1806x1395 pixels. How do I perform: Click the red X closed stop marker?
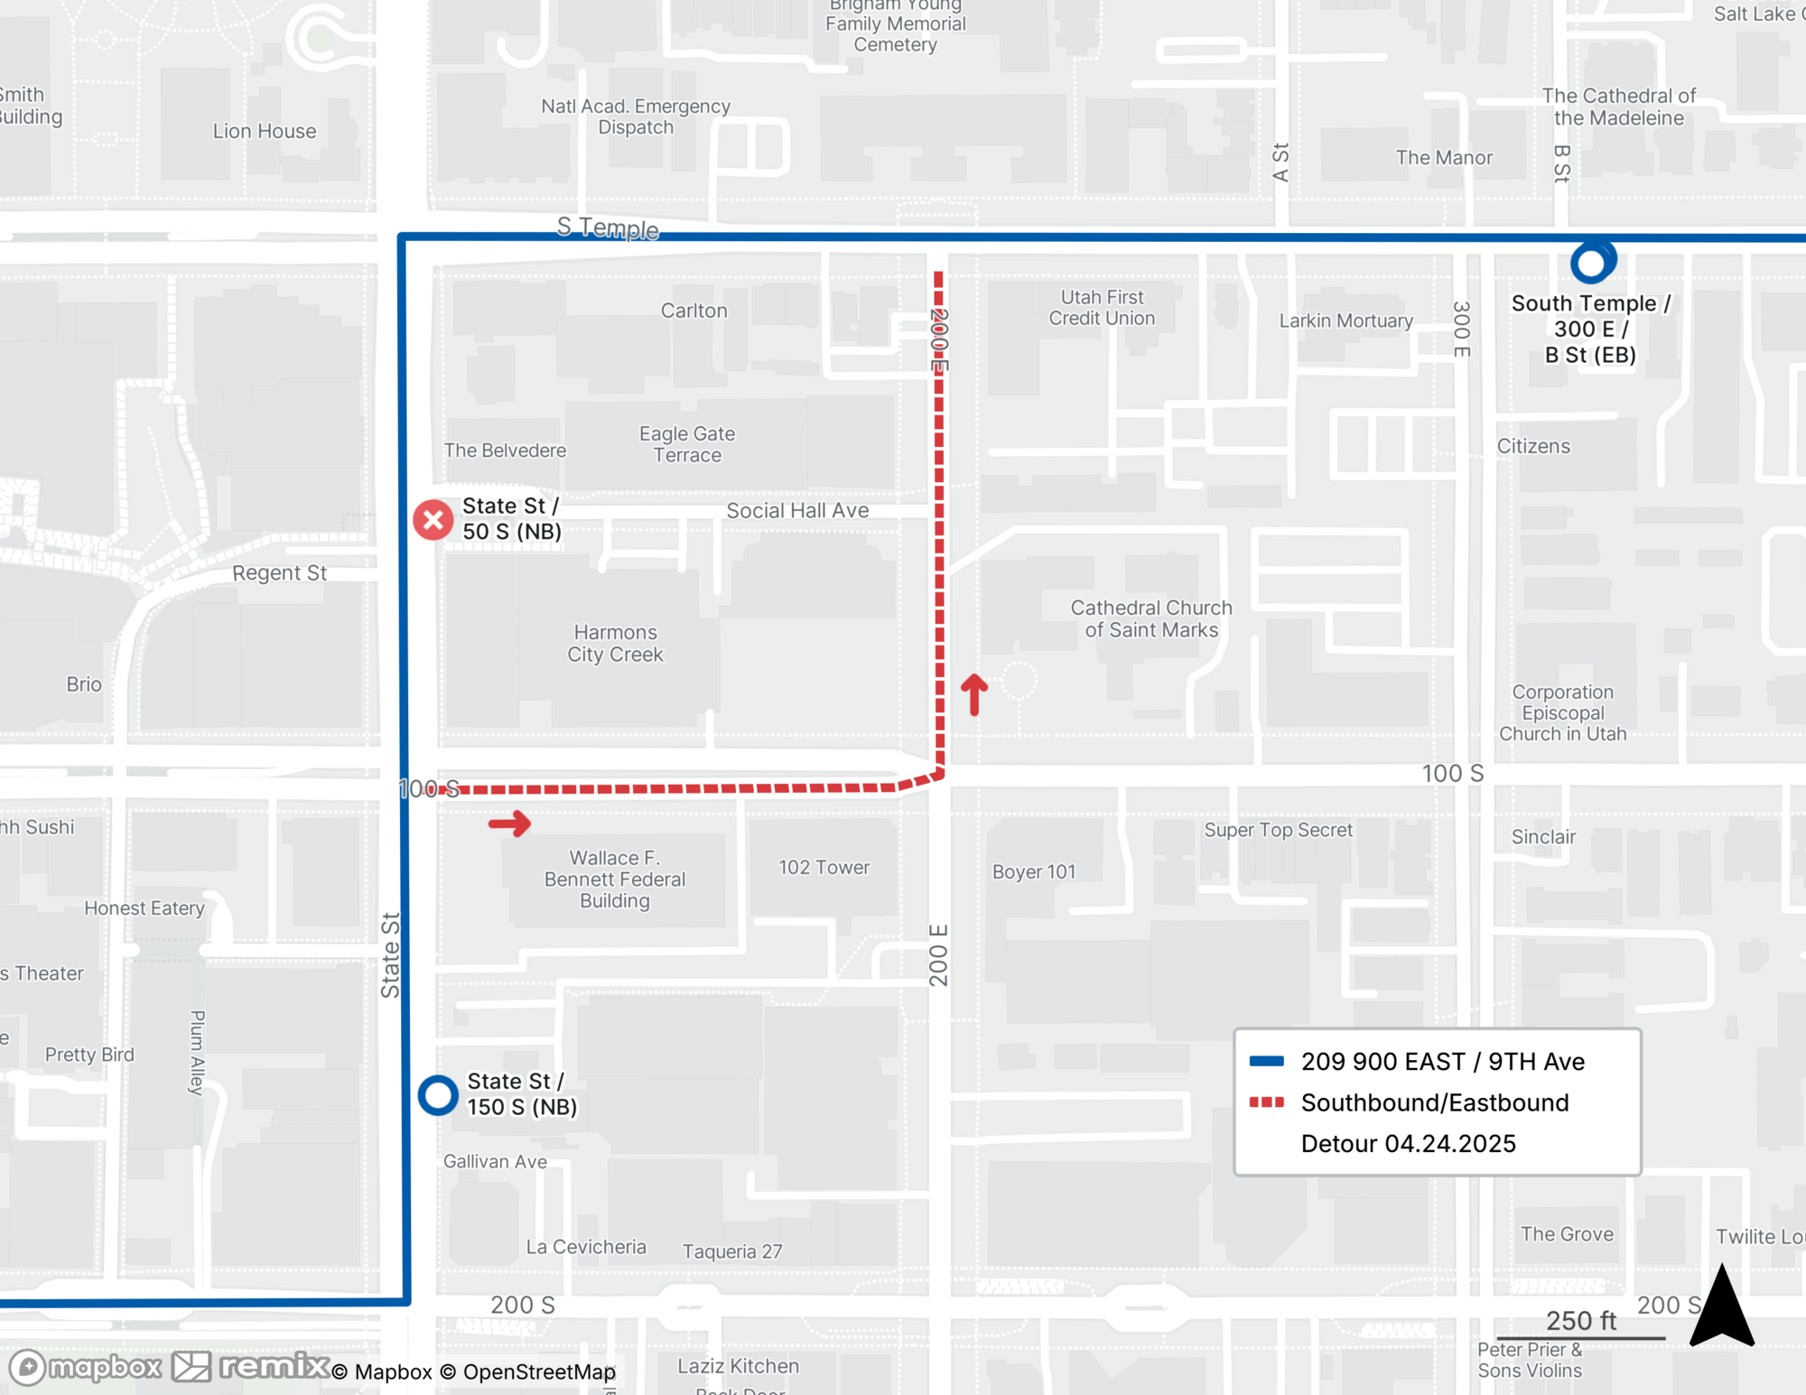pyautogui.click(x=433, y=520)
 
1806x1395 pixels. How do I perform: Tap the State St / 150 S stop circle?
pyautogui.click(x=438, y=1095)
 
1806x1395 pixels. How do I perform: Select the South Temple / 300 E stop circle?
pyautogui.click(x=1591, y=263)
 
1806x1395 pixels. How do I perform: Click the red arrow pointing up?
pyautogui.click(x=973, y=693)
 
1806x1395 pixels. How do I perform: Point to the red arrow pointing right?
pyautogui.click(x=510, y=823)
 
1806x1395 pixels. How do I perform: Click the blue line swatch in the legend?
pyautogui.click(x=1266, y=1061)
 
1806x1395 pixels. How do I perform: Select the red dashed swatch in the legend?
pyautogui.click(x=1266, y=1102)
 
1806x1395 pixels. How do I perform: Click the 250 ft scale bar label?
pyautogui.click(x=1580, y=1320)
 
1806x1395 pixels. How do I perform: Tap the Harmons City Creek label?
pyautogui.click(x=615, y=643)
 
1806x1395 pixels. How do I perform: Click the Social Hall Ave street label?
pyautogui.click(x=797, y=510)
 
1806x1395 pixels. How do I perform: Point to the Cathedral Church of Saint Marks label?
pyautogui.click(x=1151, y=618)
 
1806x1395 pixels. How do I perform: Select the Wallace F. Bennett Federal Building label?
pyautogui.click(x=615, y=879)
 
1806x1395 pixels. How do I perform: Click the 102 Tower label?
pyautogui.click(x=824, y=867)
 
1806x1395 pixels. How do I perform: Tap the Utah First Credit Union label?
pyautogui.click(x=1102, y=307)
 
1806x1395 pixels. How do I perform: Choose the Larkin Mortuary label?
pyautogui.click(x=1345, y=321)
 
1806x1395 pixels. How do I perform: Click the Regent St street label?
pyautogui.click(x=279, y=572)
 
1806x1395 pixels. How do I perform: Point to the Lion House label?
pyautogui.click(x=265, y=131)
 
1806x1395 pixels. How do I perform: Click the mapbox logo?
pyautogui.click(x=86, y=1367)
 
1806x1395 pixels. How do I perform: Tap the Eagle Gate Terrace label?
pyautogui.click(x=687, y=444)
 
